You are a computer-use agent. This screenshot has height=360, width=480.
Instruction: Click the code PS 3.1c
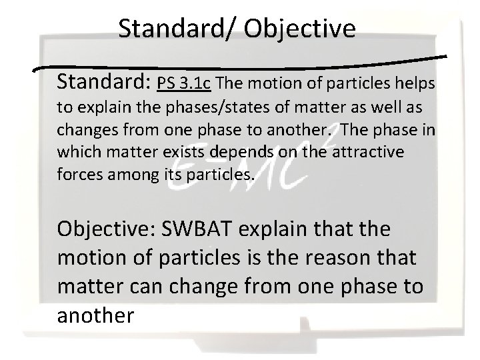[x=185, y=85]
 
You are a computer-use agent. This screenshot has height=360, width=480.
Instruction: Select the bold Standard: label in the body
[x=104, y=83]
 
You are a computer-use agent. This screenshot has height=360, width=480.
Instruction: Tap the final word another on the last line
[x=95, y=315]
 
